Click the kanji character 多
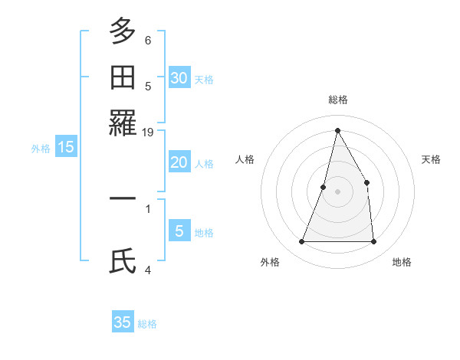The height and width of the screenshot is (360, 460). (x=123, y=32)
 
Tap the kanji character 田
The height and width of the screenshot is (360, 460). (x=123, y=78)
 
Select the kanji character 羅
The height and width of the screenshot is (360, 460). (x=123, y=123)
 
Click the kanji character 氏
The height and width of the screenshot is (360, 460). (x=123, y=260)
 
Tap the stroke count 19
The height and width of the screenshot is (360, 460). (x=148, y=132)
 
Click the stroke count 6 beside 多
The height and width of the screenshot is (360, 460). (x=148, y=40)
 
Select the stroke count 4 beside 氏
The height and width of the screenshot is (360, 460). (x=148, y=270)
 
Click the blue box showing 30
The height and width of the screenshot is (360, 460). (x=179, y=77)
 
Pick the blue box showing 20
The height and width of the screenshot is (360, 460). (x=179, y=162)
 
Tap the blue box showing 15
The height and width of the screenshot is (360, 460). (x=65, y=147)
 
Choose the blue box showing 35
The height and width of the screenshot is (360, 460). (x=123, y=322)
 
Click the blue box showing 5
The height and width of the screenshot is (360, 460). (x=179, y=231)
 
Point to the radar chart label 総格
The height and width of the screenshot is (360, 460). (x=337, y=100)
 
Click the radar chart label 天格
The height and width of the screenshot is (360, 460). (x=431, y=159)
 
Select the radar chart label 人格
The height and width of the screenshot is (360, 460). (x=245, y=159)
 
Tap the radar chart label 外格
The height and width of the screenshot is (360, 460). (x=270, y=262)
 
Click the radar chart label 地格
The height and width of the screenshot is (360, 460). (x=402, y=262)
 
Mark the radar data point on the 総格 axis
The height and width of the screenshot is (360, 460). (x=337, y=130)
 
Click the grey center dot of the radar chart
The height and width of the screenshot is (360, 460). (x=337, y=191)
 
